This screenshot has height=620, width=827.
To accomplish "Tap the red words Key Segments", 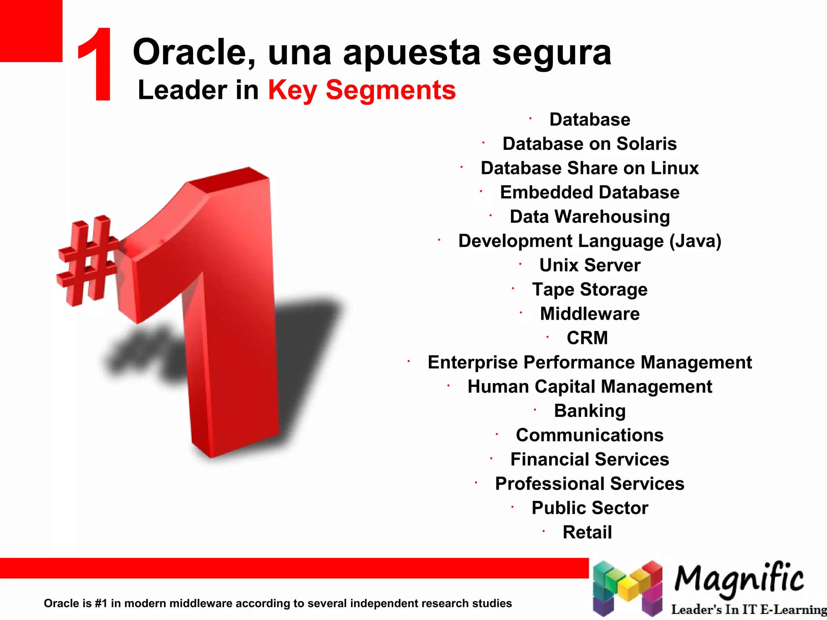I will (x=362, y=90).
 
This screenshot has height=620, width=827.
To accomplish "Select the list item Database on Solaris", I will (x=590, y=144).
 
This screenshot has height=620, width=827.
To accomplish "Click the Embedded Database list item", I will (x=590, y=192).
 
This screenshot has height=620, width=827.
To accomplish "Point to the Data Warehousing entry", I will (x=590, y=217).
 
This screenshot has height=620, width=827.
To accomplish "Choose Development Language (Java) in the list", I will (x=590, y=241).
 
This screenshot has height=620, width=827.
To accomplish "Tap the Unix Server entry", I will (x=590, y=265).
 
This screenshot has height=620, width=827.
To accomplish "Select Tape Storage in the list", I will (x=590, y=289).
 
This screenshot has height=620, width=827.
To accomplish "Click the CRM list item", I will (x=587, y=338).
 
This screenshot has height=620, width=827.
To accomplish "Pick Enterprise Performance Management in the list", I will (x=590, y=362).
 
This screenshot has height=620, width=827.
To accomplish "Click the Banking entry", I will (x=590, y=411).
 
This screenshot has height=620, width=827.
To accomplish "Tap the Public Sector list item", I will (x=590, y=508).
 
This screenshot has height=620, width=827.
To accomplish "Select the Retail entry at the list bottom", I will (x=587, y=532).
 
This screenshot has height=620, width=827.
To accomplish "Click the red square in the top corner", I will (x=31, y=31).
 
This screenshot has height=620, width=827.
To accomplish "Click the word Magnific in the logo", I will (x=739, y=579).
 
